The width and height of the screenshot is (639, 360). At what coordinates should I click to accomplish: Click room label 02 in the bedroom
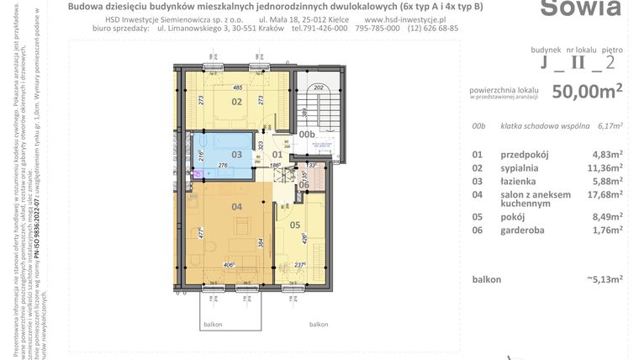click(237, 103)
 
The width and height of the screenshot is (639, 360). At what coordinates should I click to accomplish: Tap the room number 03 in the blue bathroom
click(237, 155)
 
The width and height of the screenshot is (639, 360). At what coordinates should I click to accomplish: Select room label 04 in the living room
click(237, 207)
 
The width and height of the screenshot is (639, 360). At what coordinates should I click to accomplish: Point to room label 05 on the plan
click(294, 225)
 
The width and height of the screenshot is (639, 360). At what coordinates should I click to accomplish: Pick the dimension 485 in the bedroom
click(238, 88)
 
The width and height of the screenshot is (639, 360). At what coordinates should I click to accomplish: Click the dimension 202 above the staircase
click(318, 87)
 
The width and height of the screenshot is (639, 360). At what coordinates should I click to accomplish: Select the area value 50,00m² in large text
click(587, 91)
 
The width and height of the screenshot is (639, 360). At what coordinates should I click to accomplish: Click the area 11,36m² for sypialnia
click(605, 168)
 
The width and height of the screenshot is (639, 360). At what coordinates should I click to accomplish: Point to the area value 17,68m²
click(605, 194)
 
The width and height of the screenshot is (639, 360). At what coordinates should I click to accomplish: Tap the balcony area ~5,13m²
click(603, 279)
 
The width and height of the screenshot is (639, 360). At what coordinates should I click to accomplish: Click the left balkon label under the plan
click(213, 323)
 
